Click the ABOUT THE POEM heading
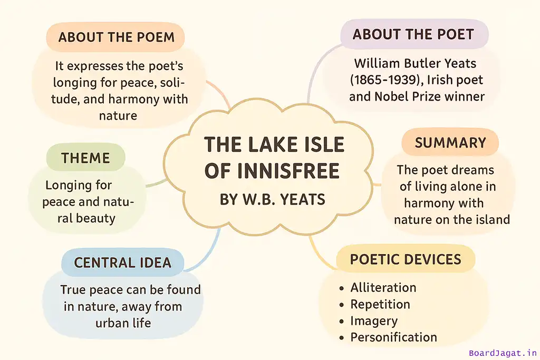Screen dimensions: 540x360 117,37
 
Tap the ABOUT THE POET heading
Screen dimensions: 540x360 413,34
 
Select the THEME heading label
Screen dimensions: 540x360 85,158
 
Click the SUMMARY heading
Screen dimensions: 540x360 450,143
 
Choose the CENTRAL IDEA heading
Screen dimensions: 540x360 122,262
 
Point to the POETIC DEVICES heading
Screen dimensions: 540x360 406,259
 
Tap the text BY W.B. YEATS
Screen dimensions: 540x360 273,199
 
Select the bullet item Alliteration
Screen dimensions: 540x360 383,287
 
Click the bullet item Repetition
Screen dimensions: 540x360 380,304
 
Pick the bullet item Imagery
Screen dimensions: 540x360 374,321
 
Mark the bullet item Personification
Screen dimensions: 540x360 393,337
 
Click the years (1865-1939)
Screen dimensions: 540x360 387,80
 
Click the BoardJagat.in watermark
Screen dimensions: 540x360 503,353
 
